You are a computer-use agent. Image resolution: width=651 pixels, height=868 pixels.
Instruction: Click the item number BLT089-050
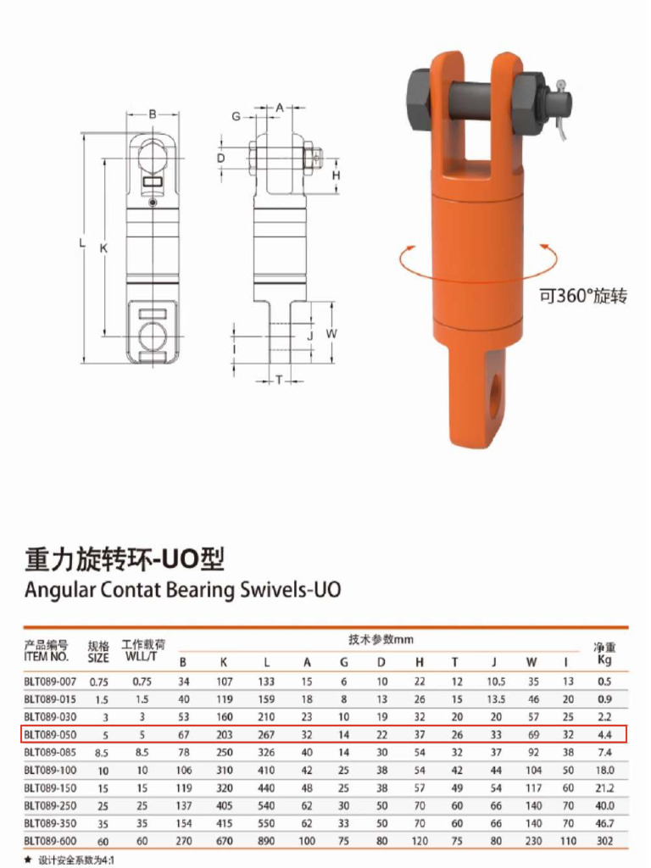pyautogui.click(x=50, y=735)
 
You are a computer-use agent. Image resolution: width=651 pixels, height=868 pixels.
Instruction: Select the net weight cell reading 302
pyautogui.click(x=604, y=841)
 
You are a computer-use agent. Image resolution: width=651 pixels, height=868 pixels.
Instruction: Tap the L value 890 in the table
pyautogui.click(x=266, y=841)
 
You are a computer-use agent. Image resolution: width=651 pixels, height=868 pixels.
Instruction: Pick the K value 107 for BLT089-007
pyautogui.click(x=224, y=682)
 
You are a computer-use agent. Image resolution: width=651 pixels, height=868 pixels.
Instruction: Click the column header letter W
pyautogui.click(x=531, y=662)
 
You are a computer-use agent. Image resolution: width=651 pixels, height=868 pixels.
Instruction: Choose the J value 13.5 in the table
pyautogui.click(x=496, y=699)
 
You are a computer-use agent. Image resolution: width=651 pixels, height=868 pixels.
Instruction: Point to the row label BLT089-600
pyautogui.click(x=50, y=841)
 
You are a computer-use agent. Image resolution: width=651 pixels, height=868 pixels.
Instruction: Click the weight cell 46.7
pyautogui.click(x=604, y=823)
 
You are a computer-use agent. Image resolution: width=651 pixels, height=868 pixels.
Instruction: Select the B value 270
pyautogui.click(x=184, y=841)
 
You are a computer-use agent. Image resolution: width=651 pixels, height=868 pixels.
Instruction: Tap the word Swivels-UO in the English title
pyautogui.click(x=291, y=590)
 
